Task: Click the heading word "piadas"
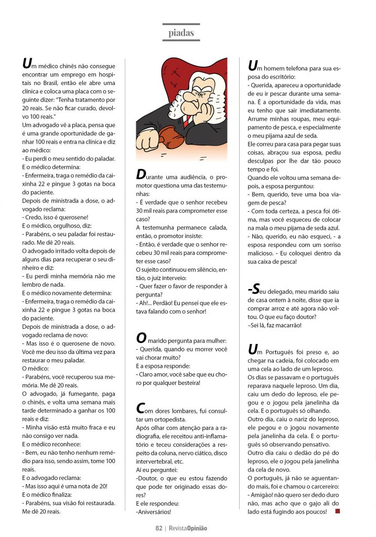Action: coord(181,33)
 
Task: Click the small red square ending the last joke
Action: coord(337,510)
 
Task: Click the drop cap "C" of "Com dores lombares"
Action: coord(141,408)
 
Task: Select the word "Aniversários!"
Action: coord(154,511)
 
